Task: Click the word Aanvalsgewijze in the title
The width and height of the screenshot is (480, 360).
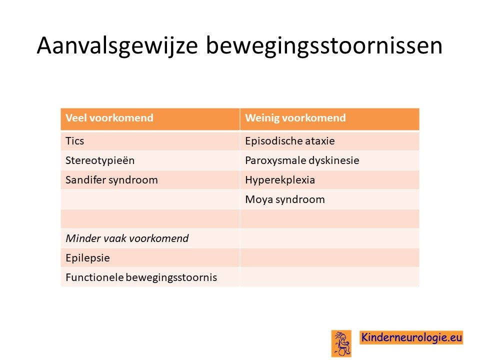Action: [117, 46]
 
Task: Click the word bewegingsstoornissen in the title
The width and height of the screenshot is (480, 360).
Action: [324, 46]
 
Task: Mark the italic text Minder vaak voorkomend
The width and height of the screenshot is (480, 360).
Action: [127, 238]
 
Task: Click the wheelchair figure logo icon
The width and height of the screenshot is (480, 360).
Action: [341, 343]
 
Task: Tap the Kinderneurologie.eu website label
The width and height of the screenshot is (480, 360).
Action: [411, 337]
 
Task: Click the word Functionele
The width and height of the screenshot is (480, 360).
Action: [94, 277]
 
